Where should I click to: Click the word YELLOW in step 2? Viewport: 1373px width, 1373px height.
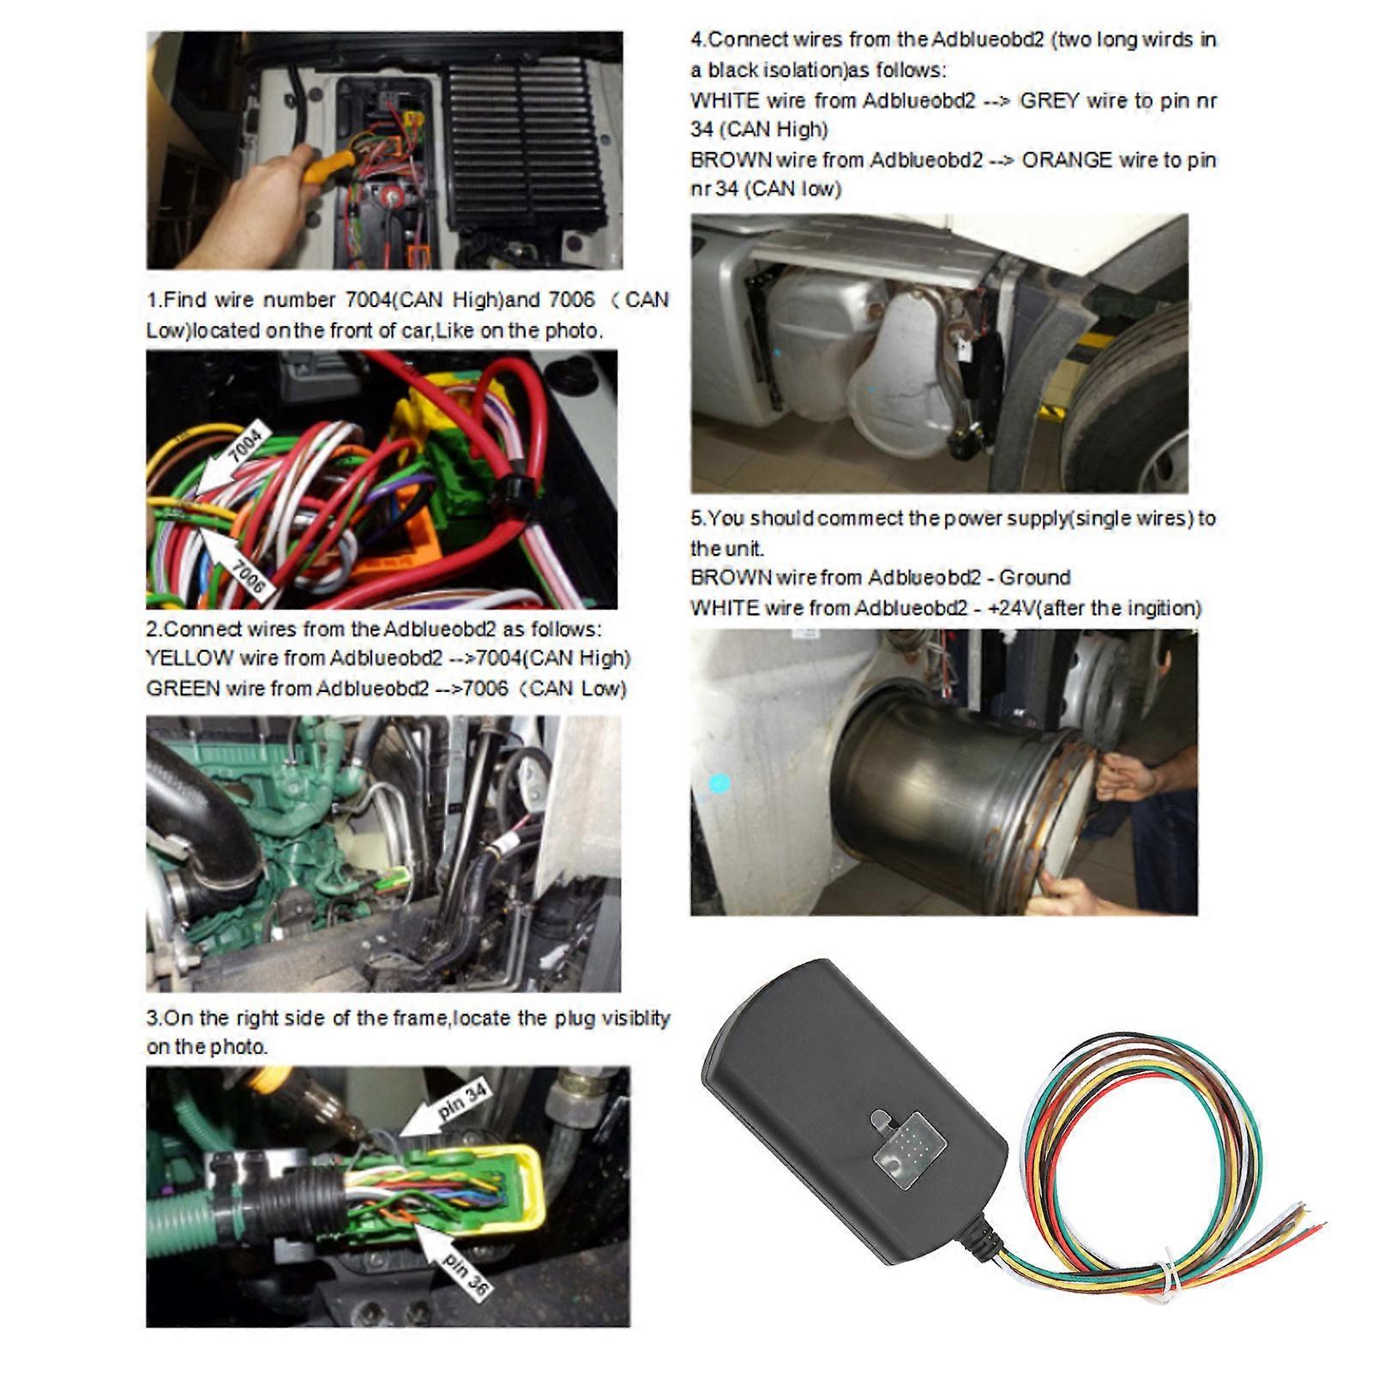point(190,659)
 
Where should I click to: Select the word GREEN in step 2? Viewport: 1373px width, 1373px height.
point(183,689)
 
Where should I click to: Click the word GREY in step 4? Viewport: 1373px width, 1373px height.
point(1049,101)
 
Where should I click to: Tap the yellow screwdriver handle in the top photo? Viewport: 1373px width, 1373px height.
point(330,164)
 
